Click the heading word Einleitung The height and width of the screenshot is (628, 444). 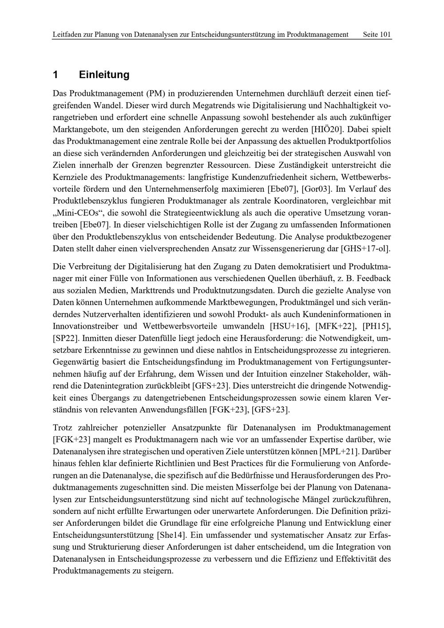pyautogui.click(x=104, y=75)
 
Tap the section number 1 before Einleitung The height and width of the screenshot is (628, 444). pyautogui.click(x=55, y=75)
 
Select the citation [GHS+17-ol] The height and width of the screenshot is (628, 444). pyautogui.click(x=365, y=248)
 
